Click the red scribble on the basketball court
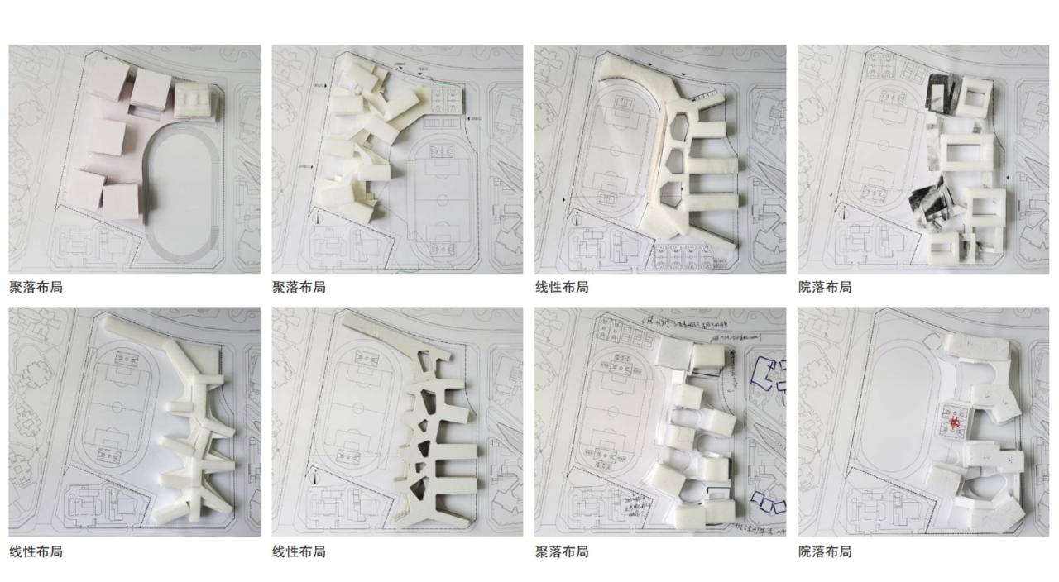954,422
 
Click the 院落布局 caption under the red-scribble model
824,551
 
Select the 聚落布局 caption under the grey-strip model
36,287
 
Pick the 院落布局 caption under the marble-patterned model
824,287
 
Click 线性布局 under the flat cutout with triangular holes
299,551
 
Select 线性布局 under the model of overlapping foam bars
36,551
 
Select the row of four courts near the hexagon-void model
686,257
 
